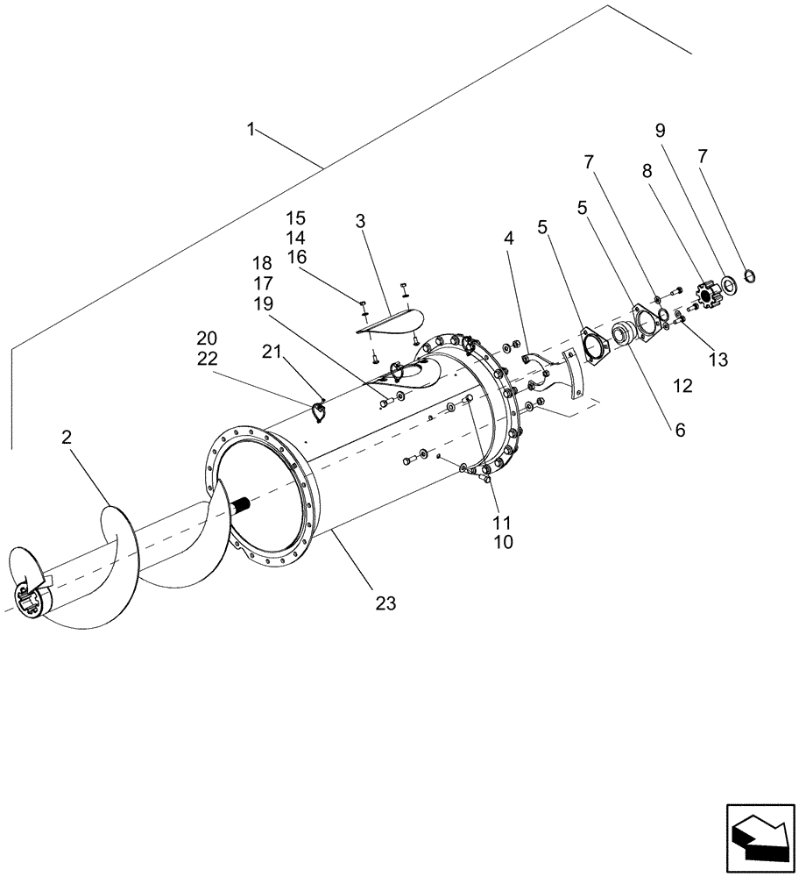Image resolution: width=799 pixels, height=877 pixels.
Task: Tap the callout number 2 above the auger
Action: pyautogui.click(x=67, y=438)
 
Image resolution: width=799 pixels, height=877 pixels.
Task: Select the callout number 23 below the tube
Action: pyautogui.click(x=385, y=603)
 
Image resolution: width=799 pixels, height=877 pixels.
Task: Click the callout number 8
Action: pyautogui.click(x=647, y=172)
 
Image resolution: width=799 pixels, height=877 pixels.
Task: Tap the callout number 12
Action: pyautogui.click(x=682, y=385)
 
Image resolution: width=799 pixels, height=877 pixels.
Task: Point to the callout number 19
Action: pyautogui.click(x=262, y=304)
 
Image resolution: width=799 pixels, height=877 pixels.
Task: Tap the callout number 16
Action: pyautogui.click(x=296, y=257)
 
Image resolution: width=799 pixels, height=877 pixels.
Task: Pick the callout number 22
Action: pyautogui.click(x=207, y=359)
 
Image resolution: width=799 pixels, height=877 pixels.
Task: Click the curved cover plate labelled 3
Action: pyautogui.click(x=391, y=321)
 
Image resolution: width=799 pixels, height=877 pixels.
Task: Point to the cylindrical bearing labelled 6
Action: pyautogui.click(x=625, y=332)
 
